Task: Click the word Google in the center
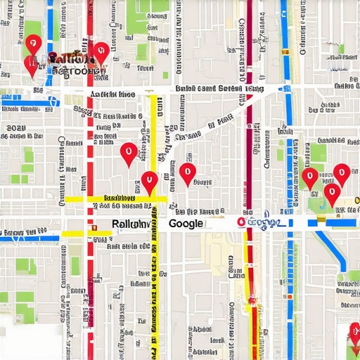(x=186, y=224)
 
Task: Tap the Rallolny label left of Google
(x=130, y=224)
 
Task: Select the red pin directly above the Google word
(x=186, y=173)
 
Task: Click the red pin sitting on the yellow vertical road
(x=149, y=182)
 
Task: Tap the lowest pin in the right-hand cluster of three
(x=331, y=194)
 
